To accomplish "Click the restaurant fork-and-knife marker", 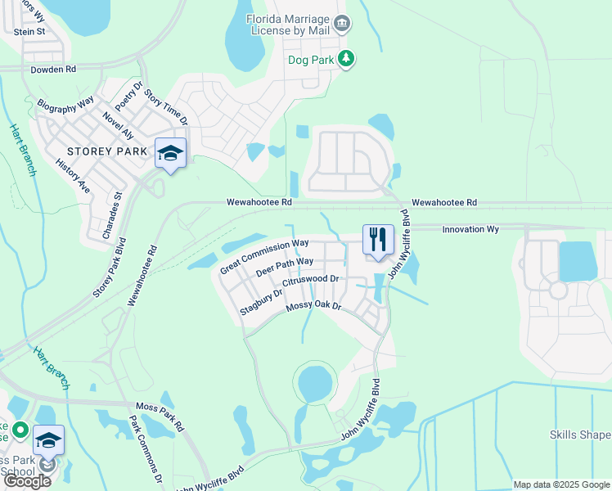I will pyautogui.click(x=377, y=240).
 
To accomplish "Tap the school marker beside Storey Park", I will pyautogui.click(x=170, y=153).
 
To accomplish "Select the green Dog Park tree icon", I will pyautogui.click(x=346, y=59).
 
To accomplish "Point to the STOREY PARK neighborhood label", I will pyautogui.click(x=107, y=151).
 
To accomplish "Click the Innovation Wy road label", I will pyautogui.click(x=470, y=230).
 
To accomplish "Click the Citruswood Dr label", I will pyautogui.click(x=310, y=280).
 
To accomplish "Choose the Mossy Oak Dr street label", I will pyautogui.click(x=313, y=307).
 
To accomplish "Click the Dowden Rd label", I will pyautogui.click(x=53, y=70).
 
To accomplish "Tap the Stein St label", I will pyautogui.click(x=29, y=31).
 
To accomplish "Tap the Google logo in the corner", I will pyautogui.click(x=27, y=481).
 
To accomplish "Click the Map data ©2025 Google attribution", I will pyautogui.click(x=560, y=484).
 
